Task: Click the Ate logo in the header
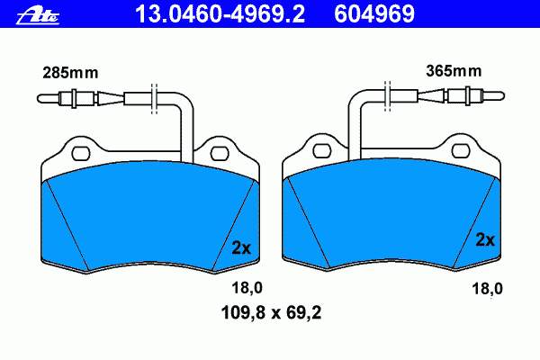(38, 16)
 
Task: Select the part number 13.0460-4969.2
(220, 14)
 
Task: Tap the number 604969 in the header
(374, 14)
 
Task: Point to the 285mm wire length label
(70, 73)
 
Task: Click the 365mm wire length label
(454, 71)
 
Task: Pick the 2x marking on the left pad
(241, 247)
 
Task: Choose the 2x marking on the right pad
(485, 239)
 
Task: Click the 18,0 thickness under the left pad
(247, 288)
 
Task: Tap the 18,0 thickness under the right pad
(487, 289)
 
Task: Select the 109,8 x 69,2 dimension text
(272, 313)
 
